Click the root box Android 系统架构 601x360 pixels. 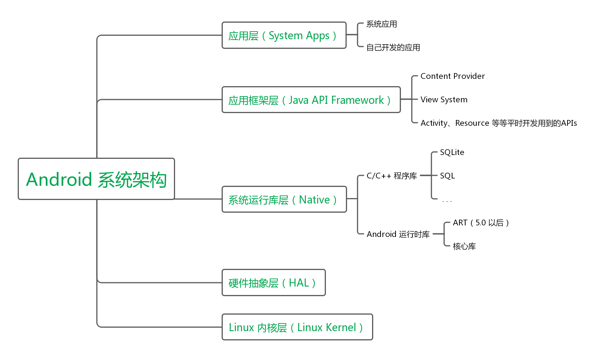[x=96, y=179]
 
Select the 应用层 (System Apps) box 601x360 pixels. [x=284, y=35]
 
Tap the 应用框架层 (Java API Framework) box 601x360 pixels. [x=311, y=100]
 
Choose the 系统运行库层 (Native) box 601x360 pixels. [x=284, y=200]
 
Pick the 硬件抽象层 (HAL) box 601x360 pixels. [x=274, y=283]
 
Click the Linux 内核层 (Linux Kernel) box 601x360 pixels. [x=297, y=327]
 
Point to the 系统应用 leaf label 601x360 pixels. [x=381, y=24]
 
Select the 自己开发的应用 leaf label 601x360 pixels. [x=393, y=48]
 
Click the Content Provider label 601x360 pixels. [x=452, y=76]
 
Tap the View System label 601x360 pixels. [x=444, y=100]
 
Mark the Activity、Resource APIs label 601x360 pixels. [x=498, y=123]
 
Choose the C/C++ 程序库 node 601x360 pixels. [x=391, y=176]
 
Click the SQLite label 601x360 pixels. [x=452, y=152]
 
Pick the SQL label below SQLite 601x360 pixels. [x=447, y=176]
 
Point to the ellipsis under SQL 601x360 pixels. [x=447, y=201]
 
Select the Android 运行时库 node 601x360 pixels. [x=398, y=234]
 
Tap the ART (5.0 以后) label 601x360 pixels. [x=481, y=223]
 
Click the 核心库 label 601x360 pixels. [x=464, y=246]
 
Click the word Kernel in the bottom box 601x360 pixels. [x=341, y=327]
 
